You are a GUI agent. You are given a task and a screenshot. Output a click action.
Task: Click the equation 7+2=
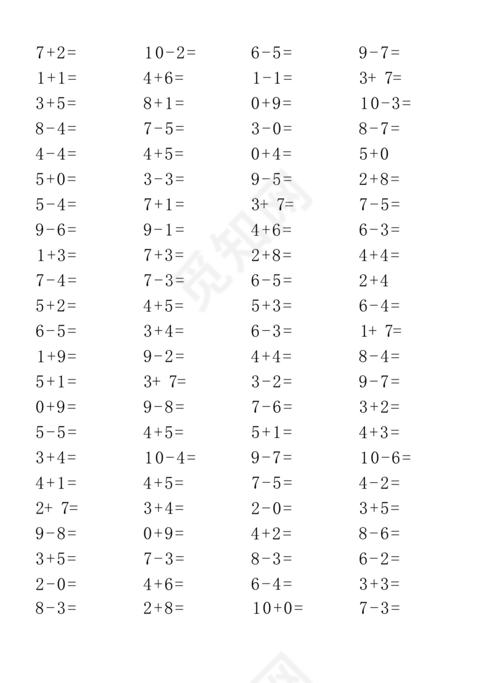pyautogui.click(x=56, y=53)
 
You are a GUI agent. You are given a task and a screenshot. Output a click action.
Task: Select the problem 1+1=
pyautogui.click(x=56, y=78)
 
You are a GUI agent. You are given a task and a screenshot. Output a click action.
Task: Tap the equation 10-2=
pyautogui.click(x=170, y=53)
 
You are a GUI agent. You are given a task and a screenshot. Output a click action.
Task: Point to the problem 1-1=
pyautogui.click(x=272, y=78)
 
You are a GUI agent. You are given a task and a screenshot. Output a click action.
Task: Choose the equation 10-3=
pyautogui.click(x=385, y=104)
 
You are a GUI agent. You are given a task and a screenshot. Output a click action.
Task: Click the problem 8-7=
pyautogui.click(x=379, y=129)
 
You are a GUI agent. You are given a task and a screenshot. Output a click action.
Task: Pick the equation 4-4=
pyautogui.click(x=56, y=154)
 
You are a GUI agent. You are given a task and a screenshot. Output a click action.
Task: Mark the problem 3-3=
pyautogui.click(x=164, y=179)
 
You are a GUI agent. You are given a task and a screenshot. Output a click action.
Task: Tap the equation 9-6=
pyautogui.click(x=56, y=230)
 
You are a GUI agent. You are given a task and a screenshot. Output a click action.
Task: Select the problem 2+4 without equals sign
pyautogui.click(x=374, y=280)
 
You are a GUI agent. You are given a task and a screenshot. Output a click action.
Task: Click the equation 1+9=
pyautogui.click(x=56, y=356)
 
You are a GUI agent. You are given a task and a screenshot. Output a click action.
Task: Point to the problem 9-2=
pyautogui.click(x=164, y=356)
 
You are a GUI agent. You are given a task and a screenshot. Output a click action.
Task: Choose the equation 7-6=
pyautogui.click(x=272, y=407)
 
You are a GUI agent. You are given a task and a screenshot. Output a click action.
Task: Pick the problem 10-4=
pyautogui.click(x=170, y=458)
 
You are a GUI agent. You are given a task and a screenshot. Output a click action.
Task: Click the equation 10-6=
pyautogui.click(x=385, y=458)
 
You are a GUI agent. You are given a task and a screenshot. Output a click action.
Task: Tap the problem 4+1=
pyautogui.click(x=56, y=483)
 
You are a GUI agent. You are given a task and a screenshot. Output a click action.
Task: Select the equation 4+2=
pyautogui.click(x=272, y=533)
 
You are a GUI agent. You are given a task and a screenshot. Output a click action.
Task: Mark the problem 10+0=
pyautogui.click(x=278, y=609)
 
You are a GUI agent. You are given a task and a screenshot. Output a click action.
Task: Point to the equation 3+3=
pyautogui.click(x=379, y=584)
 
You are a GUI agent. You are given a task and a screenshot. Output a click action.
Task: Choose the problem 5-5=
pyautogui.click(x=56, y=432)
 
